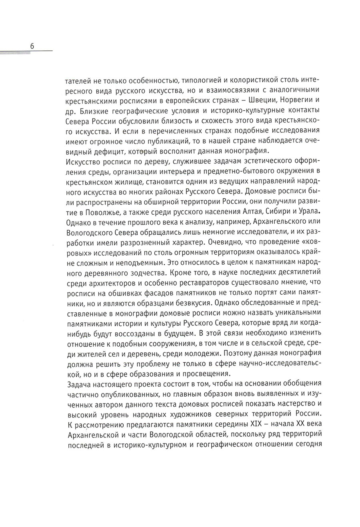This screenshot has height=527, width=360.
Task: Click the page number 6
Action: pyautogui.click(x=32, y=46)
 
